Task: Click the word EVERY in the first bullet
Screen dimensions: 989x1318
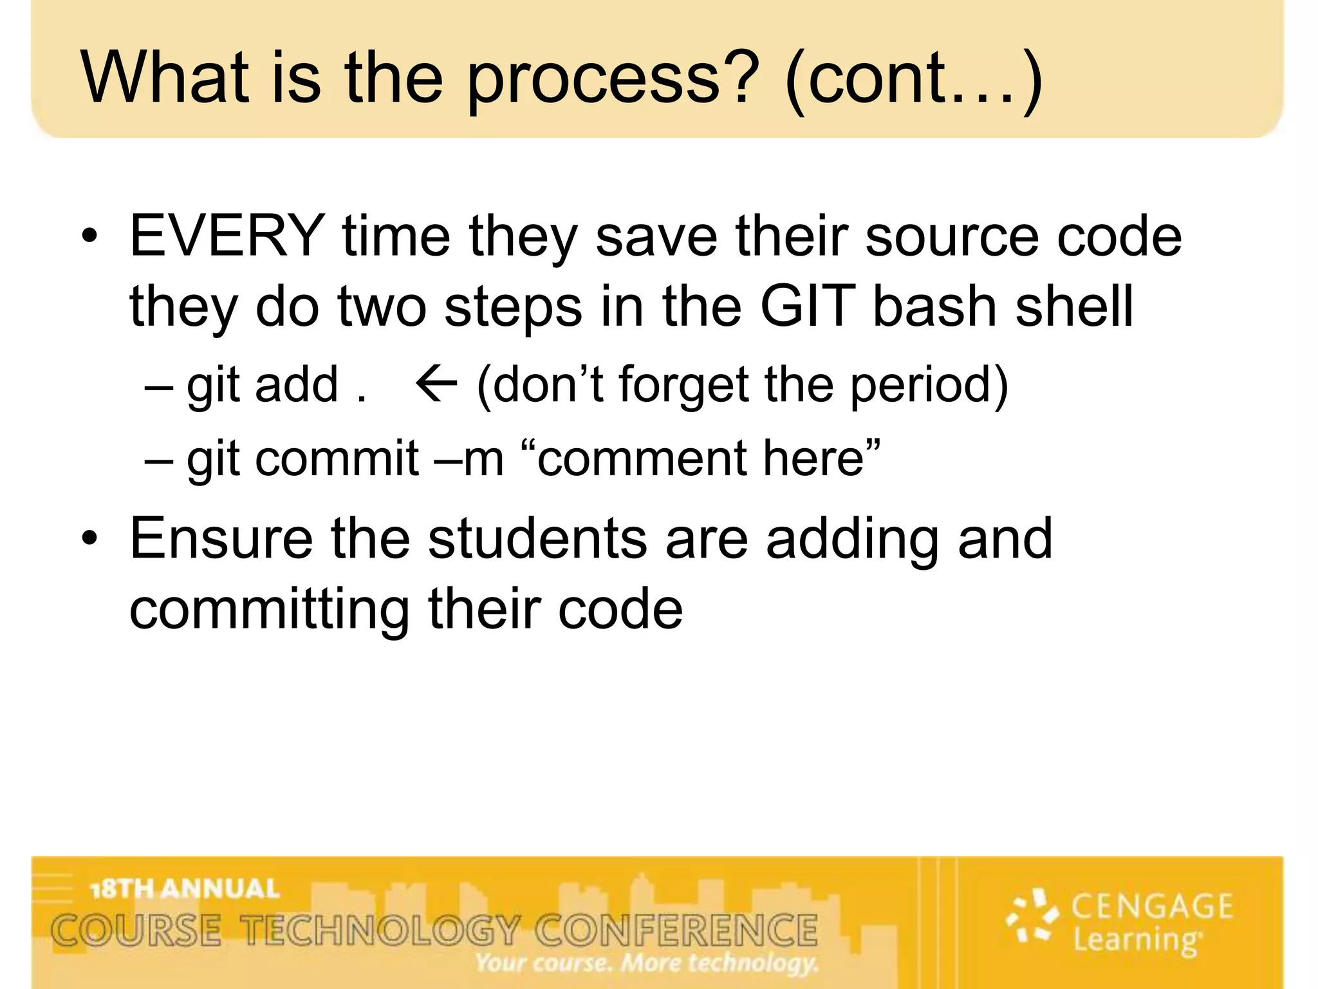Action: coord(227,236)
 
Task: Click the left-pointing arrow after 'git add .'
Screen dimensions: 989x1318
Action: coord(436,384)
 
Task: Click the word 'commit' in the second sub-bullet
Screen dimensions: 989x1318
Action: coord(337,458)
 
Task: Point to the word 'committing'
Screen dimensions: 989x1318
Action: coord(269,610)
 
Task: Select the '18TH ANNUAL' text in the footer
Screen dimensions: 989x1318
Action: coord(185,889)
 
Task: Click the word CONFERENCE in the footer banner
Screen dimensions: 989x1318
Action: coord(676,930)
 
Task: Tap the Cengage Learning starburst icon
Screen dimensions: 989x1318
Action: coord(1032,915)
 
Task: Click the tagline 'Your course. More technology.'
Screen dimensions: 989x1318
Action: coord(647,963)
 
